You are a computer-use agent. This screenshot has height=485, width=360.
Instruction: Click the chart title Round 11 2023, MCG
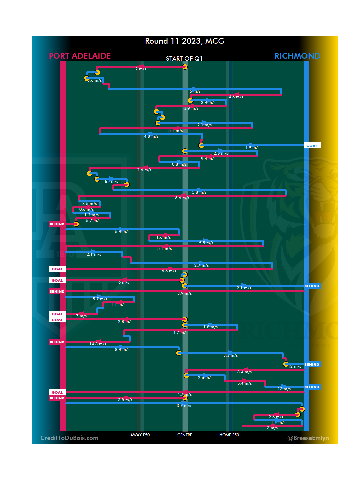(185, 41)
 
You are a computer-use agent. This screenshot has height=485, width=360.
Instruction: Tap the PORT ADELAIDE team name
(80, 56)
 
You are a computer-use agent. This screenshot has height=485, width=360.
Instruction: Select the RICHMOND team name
(297, 56)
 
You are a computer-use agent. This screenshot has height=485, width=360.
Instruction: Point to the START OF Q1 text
(184, 59)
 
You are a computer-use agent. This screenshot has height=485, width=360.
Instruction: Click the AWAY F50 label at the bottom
(140, 435)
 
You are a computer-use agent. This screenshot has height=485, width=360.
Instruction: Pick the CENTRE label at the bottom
(185, 435)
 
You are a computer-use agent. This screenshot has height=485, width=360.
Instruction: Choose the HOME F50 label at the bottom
(229, 435)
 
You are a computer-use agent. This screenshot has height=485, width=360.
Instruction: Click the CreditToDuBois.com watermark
(69, 438)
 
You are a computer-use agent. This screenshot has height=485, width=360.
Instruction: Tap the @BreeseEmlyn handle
(308, 438)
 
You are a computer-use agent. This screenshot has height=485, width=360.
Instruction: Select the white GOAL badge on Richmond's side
(312, 146)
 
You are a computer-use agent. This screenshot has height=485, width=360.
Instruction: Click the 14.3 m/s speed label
(98, 344)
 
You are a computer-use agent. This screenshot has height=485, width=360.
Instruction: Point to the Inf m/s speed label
(111, 181)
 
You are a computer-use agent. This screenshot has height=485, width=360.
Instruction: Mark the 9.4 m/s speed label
(208, 159)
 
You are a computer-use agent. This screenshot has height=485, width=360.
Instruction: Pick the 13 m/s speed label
(284, 389)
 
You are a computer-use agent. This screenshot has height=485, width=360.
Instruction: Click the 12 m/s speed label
(295, 366)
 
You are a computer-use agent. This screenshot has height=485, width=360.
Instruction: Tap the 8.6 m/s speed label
(94, 80)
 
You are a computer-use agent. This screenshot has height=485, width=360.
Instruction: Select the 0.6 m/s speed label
(86, 209)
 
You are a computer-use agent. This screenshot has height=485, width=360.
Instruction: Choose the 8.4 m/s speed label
(122, 350)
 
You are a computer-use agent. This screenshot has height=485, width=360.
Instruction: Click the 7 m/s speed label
(81, 316)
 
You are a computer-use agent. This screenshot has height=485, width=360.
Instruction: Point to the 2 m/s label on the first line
(141, 69)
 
